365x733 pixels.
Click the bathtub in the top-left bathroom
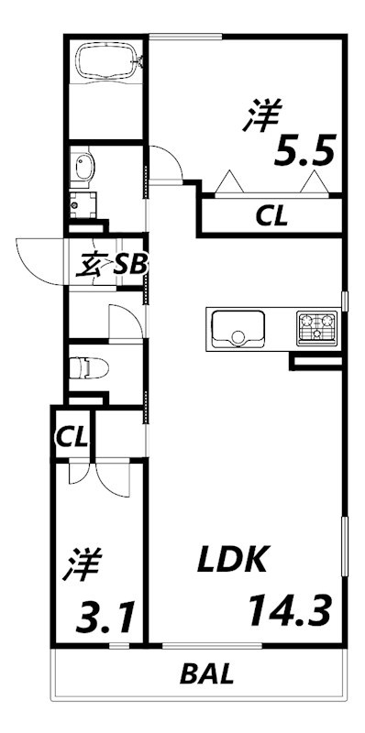click(107, 62)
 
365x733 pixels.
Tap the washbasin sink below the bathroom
click(84, 168)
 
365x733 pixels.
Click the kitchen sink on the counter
click(238, 328)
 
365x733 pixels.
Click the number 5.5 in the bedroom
click(299, 148)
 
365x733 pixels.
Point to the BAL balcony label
click(206, 676)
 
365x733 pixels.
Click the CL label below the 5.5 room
click(271, 217)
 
